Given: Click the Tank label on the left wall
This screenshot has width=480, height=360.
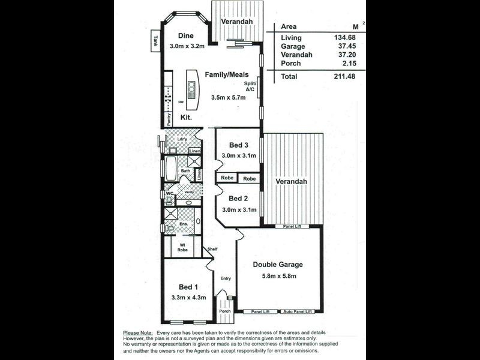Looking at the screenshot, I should [x=155, y=41].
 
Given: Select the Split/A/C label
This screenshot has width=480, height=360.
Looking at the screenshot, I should [x=250, y=86].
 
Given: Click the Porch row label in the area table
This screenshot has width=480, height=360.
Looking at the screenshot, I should [x=291, y=63].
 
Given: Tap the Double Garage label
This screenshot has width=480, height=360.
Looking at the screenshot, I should [x=277, y=264].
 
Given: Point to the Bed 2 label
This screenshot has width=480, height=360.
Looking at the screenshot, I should [x=238, y=198].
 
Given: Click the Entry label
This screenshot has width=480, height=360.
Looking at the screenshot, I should [x=226, y=278].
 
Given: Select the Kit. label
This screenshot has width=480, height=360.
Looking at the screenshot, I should [x=186, y=118].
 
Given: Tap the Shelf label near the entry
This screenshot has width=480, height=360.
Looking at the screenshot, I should [x=211, y=249].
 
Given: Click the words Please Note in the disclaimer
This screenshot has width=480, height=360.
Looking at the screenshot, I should [x=137, y=332].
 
